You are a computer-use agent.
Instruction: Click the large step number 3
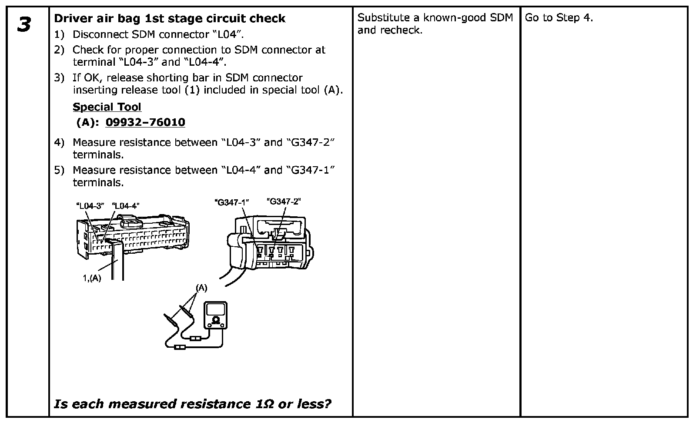[24, 24]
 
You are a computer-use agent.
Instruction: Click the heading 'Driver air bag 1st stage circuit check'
[169, 18]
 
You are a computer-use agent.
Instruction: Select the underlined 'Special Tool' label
[107, 107]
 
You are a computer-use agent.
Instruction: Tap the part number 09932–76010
[145, 122]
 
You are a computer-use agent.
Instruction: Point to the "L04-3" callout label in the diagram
[90, 205]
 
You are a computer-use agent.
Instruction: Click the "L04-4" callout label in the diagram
[126, 205]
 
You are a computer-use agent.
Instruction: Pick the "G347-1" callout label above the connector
[231, 202]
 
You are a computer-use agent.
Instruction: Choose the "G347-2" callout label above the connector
[284, 201]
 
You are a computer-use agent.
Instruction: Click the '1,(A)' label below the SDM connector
[92, 278]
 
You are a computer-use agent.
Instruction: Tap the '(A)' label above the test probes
[201, 288]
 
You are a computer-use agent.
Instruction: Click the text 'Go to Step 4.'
[559, 18]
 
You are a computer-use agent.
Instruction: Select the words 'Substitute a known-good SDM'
[435, 18]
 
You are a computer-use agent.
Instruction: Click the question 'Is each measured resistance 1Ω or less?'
[192, 404]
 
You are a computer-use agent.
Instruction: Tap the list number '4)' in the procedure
[59, 142]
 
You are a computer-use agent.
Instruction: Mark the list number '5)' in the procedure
[59, 170]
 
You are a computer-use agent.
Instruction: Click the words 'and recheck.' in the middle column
[390, 30]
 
